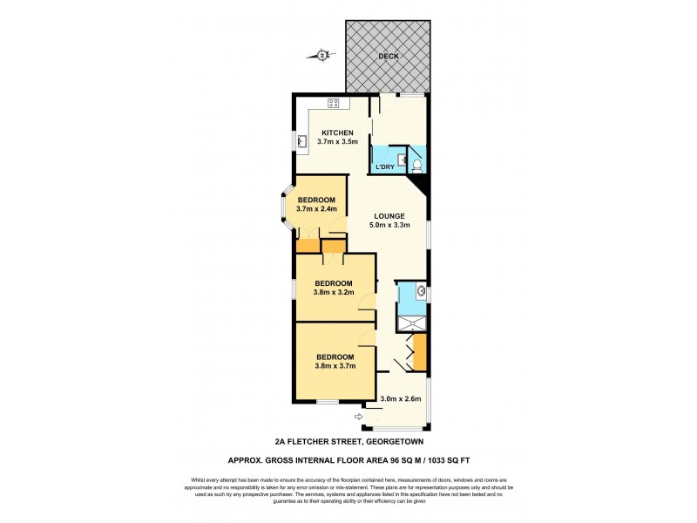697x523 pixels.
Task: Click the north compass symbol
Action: point(322,57)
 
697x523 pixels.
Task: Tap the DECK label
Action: point(389,57)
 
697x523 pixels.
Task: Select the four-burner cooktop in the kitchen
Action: point(334,104)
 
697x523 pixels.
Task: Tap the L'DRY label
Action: point(384,167)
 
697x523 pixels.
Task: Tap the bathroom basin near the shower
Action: point(420,290)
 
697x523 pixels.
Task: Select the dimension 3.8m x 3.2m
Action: point(334,294)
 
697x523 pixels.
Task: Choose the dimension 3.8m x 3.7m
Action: point(335,368)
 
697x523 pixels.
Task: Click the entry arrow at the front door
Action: point(358,418)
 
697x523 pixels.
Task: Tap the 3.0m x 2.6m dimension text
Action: point(401,399)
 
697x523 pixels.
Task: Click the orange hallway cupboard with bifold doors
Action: point(419,352)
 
